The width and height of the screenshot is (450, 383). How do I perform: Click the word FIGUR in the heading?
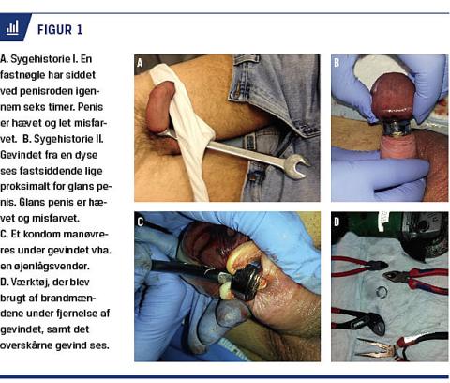[54, 30]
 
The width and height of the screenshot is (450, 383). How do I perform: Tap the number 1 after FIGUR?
[80, 30]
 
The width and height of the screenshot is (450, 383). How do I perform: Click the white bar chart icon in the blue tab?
[12, 27]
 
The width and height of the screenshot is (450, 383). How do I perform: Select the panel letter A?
[140, 63]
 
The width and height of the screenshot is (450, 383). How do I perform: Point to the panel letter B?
[337, 63]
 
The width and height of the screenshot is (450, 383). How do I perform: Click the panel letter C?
[141, 222]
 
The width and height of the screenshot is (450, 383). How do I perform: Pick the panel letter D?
[337, 222]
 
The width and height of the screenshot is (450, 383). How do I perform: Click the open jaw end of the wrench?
[297, 165]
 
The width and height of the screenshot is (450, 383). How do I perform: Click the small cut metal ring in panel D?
[382, 292]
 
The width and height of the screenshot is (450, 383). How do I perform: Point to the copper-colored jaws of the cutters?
[373, 348]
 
